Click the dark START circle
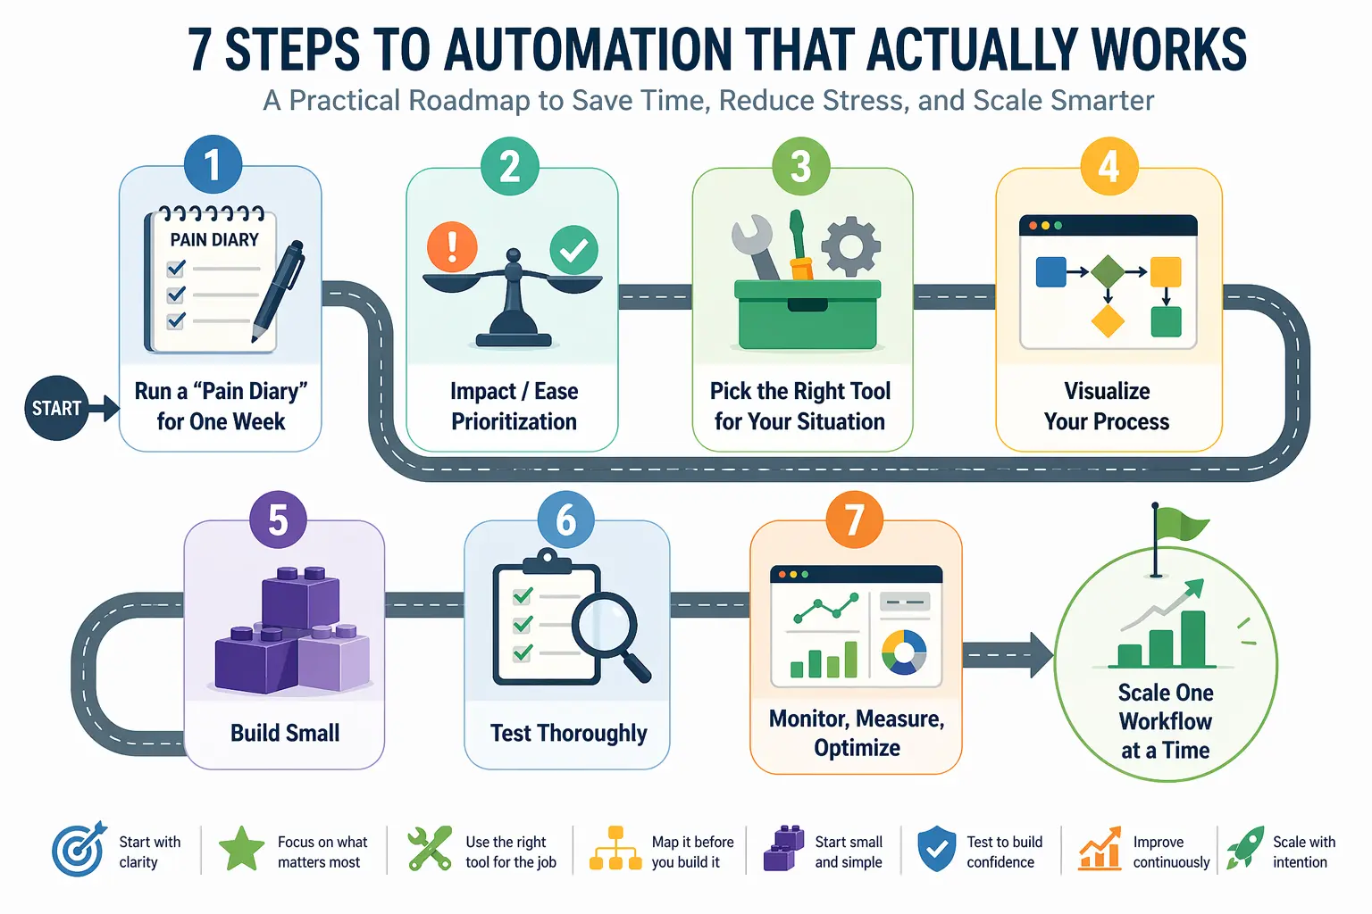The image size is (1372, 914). point(56,408)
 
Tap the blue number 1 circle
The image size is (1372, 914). point(213,165)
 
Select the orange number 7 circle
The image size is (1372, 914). point(854,519)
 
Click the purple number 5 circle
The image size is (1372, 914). point(278,519)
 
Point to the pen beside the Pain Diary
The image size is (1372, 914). point(278,291)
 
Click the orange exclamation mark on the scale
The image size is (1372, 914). point(452,246)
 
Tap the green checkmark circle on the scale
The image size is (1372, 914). point(573,250)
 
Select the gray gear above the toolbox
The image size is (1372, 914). point(850,245)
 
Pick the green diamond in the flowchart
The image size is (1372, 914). point(1108,271)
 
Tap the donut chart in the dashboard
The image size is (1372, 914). point(904,652)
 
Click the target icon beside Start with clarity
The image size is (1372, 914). point(79,850)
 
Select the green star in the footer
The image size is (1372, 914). point(241,849)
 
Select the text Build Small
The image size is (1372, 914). point(285,733)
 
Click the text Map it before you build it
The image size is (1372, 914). point(692,852)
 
